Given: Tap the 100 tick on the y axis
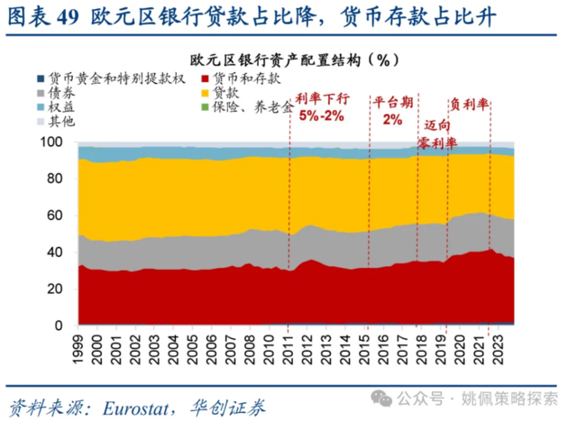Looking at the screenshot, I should pyautogui.click(x=59, y=142).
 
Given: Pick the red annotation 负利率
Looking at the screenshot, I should pyautogui.click(x=469, y=105).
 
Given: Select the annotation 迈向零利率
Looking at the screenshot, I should pyautogui.click(x=434, y=135).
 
